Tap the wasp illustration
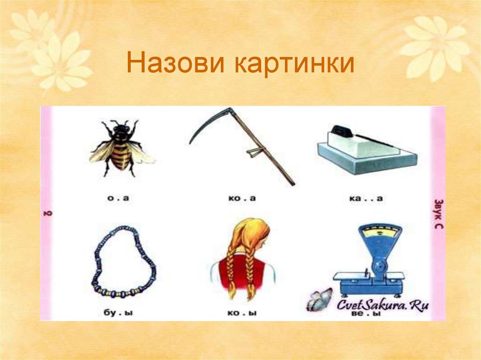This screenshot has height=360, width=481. pyautogui.click(x=121, y=148)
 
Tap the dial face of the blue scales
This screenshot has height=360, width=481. pyautogui.click(x=380, y=232)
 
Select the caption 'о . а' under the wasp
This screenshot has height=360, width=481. pyautogui.click(x=118, y=199)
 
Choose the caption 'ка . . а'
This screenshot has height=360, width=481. pyautogui.click(x=366, y=199)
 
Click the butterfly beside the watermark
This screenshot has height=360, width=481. pyautogui.click(x=319, y=300)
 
